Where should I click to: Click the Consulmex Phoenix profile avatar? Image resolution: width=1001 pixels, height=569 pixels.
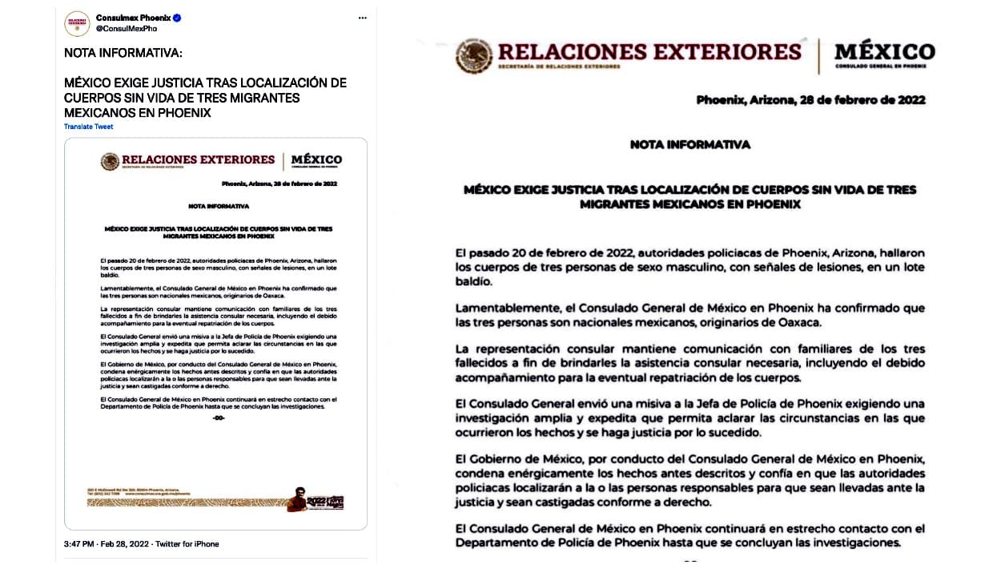[77, 23]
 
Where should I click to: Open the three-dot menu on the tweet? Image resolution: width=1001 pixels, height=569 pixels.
[363, 18]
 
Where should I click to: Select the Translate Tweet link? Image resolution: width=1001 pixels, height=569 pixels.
[89, 127]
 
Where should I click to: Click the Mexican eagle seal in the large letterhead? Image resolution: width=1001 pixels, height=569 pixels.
[474, 55]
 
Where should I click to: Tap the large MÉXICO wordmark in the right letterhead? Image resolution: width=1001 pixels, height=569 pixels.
[884, 51]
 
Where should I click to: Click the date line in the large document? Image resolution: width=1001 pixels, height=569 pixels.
[810, 100]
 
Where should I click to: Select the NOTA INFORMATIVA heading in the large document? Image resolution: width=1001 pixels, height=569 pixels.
[689, 145]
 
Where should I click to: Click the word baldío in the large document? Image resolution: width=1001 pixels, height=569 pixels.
[476, 281]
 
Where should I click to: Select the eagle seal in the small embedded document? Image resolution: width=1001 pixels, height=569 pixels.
[110, 161]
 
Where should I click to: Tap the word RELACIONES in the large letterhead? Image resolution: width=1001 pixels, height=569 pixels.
[573, 52]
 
